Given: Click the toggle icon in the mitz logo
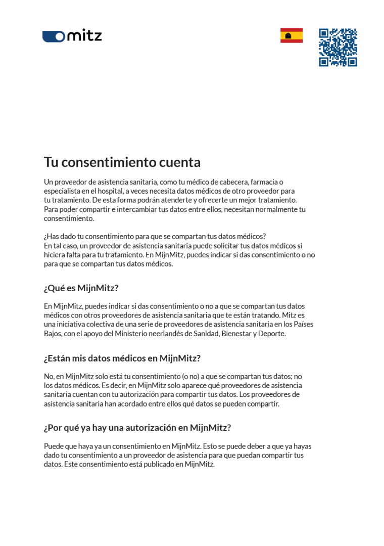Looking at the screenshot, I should tap(54, 36).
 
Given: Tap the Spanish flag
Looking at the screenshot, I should tap(292, 36).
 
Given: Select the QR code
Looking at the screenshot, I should tap(338, 48).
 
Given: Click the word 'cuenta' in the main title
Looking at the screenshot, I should tap(180, 162).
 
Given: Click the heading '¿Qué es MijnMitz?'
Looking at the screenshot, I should tap(81, 288).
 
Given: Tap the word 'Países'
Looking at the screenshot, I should tap(303, 324).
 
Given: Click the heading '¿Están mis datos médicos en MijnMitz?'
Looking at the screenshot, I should tap(122, 358).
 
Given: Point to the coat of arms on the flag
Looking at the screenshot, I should tap(289, 36).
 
